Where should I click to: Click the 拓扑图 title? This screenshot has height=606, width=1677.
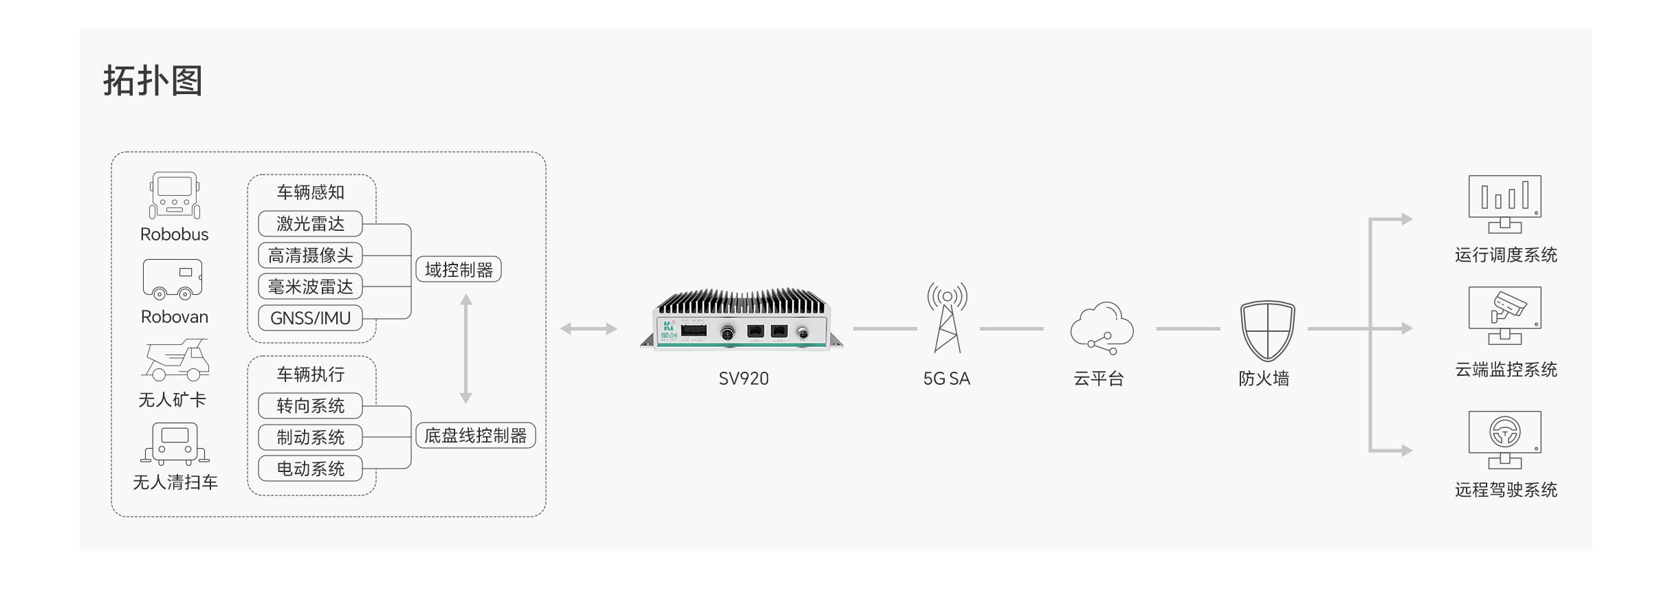point(153,81)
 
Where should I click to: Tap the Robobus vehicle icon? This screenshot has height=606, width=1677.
point(175,195)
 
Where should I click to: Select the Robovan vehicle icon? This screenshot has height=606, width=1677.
point(173,279)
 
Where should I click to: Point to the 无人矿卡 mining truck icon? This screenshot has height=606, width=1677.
point(175,359)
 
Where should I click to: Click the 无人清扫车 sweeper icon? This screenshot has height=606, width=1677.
point(175,444)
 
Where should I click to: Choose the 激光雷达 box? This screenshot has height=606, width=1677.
point(310,223)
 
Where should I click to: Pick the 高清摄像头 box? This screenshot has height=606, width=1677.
point(310,255)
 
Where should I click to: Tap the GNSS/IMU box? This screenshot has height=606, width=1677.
point(310,318)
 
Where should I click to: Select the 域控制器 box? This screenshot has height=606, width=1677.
point(459,269)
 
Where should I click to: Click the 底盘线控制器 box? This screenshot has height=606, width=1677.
point(475,436)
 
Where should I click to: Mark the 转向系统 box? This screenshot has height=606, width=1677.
point(310,405)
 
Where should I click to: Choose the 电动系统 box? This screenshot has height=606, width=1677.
point(310,469)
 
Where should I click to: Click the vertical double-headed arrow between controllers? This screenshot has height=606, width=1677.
point(465,348)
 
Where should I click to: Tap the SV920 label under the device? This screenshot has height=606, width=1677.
point(743,379)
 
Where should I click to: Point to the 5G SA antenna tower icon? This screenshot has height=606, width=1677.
point(947,317)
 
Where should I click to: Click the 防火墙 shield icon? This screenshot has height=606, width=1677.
point(1267,330)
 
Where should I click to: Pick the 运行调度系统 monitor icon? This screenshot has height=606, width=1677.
point(1504,204)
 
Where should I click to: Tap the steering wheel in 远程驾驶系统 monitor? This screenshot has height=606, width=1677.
point(1504,432)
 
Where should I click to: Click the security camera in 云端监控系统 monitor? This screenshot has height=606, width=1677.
point(1507,306)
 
